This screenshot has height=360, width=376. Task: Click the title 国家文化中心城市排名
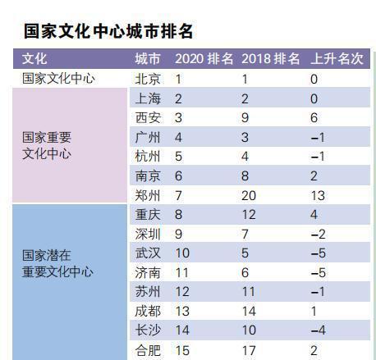point(108,32)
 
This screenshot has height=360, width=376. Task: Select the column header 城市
point(148,60)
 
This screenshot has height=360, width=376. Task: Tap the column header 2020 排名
point(204,60)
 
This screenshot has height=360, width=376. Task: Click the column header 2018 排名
point(271,60)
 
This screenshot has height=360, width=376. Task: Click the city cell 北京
point(148,80)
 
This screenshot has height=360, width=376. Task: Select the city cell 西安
point(148,118)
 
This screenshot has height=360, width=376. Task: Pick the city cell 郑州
point(148,195)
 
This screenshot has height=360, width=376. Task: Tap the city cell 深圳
point(148,235)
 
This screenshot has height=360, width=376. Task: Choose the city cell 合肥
point(148,351)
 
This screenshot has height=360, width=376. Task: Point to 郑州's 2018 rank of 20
point(249,195)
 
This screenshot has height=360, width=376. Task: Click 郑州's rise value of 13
point(318,195)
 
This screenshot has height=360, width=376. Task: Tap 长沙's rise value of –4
point(318,331)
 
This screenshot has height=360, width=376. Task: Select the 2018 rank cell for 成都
point(249,312)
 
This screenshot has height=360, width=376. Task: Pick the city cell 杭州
point(148,157)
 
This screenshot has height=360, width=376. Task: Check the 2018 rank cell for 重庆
point(249,215)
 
